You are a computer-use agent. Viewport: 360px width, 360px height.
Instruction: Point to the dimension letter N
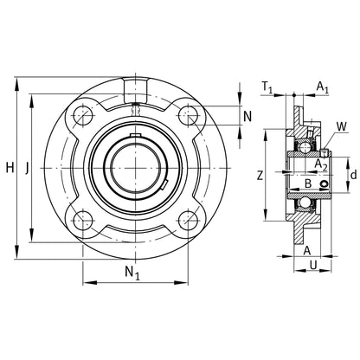point(247,115)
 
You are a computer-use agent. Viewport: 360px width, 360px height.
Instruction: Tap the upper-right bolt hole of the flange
point(185,112)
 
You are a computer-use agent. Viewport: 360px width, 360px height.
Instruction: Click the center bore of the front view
point(135,165)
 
